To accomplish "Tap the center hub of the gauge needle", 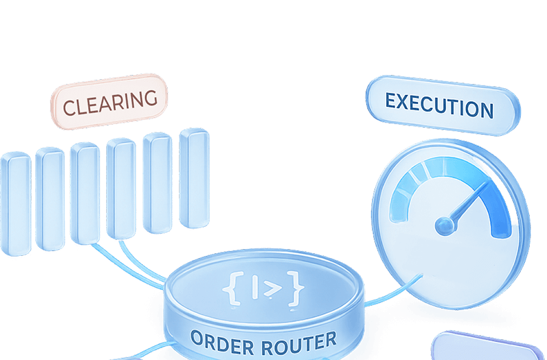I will pos(444,225).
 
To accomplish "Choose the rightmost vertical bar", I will pos(193,178).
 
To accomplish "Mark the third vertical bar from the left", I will pos(85,194).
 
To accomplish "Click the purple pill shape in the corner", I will pos(485,346).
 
